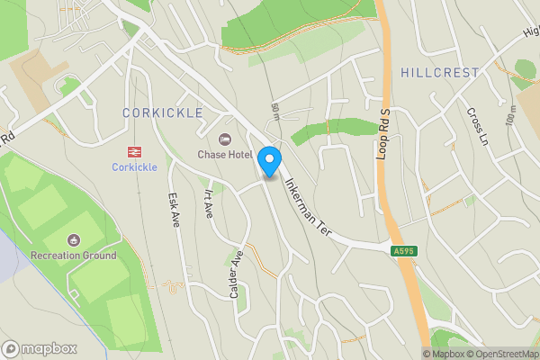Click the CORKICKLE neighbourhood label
click(x=163, y=112)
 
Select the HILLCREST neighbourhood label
click(x=440, y=72)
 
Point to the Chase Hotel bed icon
click(x=224, y=139)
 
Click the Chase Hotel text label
click(x=225, y=155)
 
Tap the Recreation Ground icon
click(x=73, y=239)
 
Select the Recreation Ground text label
click(x=73, y=256)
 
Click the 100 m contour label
click(x=511, y=114)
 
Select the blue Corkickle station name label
click(x=135, y=167)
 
